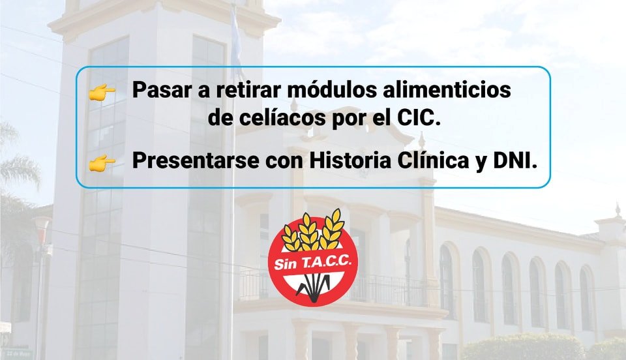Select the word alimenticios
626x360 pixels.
(x=447, y=90)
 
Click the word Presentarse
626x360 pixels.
(x=196, y=161)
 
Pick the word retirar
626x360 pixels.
(x=249, y=90)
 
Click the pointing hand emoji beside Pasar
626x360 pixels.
(x=102, y=92)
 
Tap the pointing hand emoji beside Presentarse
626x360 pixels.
(x=102, y=163)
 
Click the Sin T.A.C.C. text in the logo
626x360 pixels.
(x=312, y=263)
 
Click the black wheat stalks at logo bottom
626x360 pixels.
(x=312, y=286)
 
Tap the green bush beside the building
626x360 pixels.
(x=523, y=347)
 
